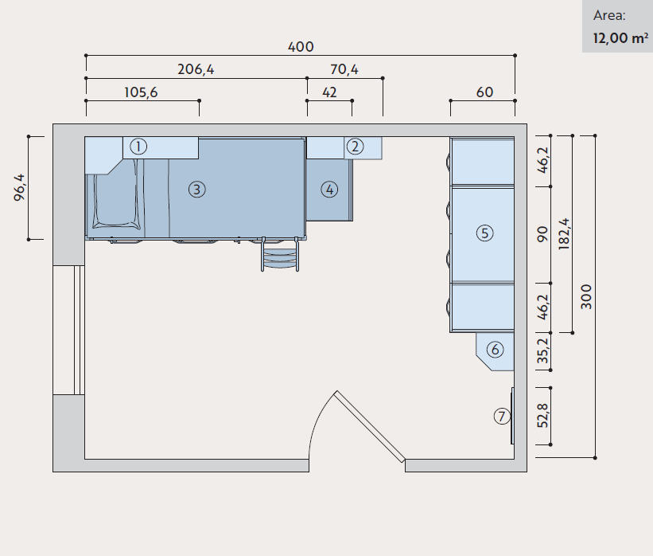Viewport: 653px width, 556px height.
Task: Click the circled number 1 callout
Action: [x=138, y=147]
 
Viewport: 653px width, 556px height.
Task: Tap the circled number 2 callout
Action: [x=355, y=147]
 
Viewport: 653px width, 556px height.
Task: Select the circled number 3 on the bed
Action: [x=197, y=190]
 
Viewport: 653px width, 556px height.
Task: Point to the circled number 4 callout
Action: [x=329, y=190]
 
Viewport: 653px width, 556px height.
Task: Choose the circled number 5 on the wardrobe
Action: [x=484, y=233]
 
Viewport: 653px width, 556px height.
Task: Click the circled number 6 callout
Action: [x=496, y=350]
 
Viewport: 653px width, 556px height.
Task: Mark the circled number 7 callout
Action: [x=502, y=417]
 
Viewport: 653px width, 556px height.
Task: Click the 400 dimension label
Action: [x=301, y=47]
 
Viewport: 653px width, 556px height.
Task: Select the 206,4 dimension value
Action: [x=196, y=69]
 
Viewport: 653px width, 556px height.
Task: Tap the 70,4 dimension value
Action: [x=344, y=69]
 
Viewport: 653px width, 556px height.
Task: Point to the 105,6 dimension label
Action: [x=141, y=92]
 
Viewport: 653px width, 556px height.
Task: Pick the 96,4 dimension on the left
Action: [x=20, y=188]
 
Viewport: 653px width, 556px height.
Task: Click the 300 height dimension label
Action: [x=586, y=296]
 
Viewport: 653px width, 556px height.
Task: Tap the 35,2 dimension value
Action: [x=543, y=350]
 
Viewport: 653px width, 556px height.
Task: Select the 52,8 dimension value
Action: [x=543, y=416]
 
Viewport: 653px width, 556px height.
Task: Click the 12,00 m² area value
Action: [x=620, y=38]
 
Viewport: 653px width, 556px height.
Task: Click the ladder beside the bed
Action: [x=280, y=254]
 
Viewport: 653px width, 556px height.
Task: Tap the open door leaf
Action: [x=370, y=426]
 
